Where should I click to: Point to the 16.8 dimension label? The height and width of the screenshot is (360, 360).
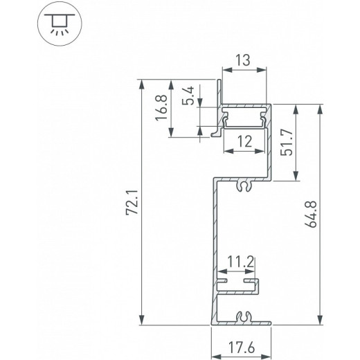tap(161, 109)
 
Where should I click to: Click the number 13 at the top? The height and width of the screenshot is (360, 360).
tap(244, 61)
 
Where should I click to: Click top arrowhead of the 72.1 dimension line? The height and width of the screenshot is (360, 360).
tap(143, 83)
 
